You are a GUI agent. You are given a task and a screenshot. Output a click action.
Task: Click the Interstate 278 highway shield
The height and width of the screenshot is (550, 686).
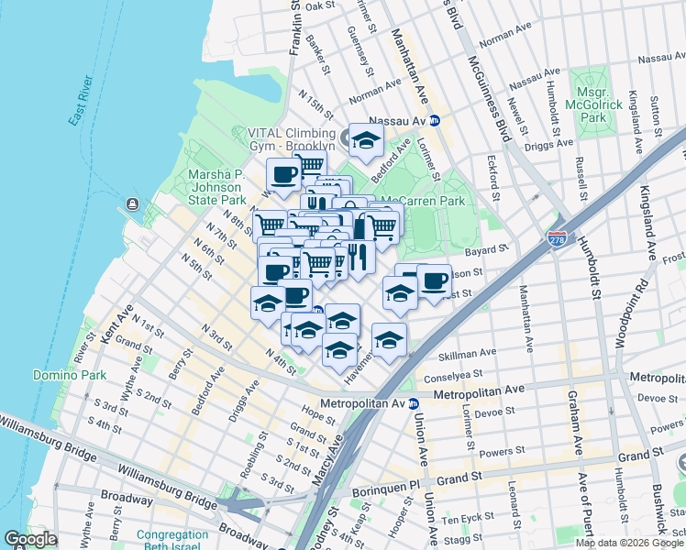pyautogui.click(x=557, y=238)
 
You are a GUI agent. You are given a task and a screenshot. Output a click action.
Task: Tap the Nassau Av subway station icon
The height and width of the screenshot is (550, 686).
pyautogui.click(x=436, y=121)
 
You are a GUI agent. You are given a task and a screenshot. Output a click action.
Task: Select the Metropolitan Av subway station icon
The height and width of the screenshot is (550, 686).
pyautogui.click(x=414, y=403)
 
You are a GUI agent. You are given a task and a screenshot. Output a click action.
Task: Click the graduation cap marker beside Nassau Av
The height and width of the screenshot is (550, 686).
pyautogui.click(x=366, y=140)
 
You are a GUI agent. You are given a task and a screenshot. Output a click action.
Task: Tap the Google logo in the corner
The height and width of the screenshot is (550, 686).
pyautogui.click(x=30, y=539)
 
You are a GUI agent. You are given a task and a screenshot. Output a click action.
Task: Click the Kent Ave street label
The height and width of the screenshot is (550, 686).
pyautogui.click(x=118, y=325)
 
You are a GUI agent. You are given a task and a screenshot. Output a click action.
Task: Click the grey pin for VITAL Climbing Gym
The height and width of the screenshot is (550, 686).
pyautogui.click(x=349, y=138)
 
